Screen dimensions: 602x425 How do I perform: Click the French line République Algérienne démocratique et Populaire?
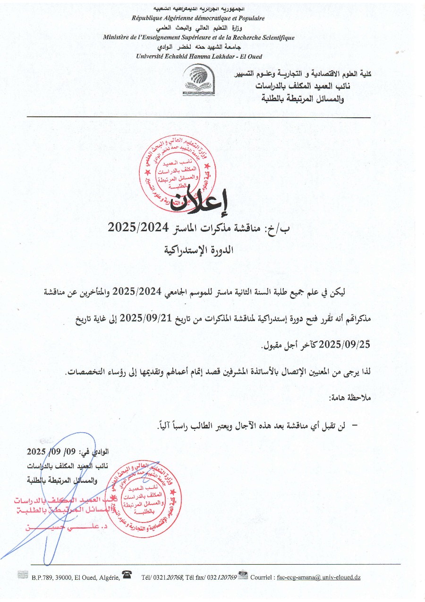click(x=198, y=18)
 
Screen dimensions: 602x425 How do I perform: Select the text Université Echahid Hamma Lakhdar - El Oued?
click(x=199, y=56)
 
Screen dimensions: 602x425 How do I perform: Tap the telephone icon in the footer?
click(x=127, y=575)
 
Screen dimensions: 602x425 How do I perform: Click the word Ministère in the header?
click(x=118, y=37)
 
